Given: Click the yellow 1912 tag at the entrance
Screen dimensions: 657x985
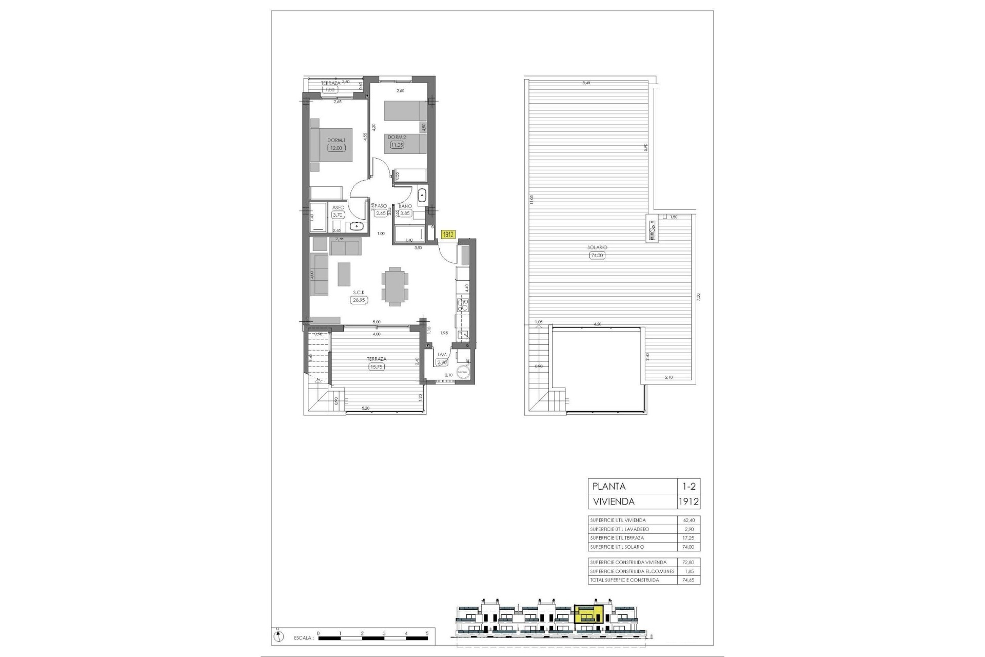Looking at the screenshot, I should click(448, 234).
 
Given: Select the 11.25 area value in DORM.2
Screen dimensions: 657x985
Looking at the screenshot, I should click(397, 145).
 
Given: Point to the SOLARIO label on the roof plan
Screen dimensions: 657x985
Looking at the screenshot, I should click(597, 247).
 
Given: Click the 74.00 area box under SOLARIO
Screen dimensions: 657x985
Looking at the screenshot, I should click(597, 255).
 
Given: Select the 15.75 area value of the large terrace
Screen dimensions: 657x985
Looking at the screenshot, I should click(377, 366).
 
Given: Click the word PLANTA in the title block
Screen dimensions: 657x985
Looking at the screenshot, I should click(609, 486).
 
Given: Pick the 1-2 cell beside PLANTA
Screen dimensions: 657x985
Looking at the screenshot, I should click(688, 486).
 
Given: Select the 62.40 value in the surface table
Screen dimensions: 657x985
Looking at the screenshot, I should click(688, 520).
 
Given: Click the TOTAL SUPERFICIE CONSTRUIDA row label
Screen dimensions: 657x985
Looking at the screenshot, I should click(624, 580).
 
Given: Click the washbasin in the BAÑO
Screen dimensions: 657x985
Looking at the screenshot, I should click(422, 195).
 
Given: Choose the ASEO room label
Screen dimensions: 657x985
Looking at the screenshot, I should click(338, 208).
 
